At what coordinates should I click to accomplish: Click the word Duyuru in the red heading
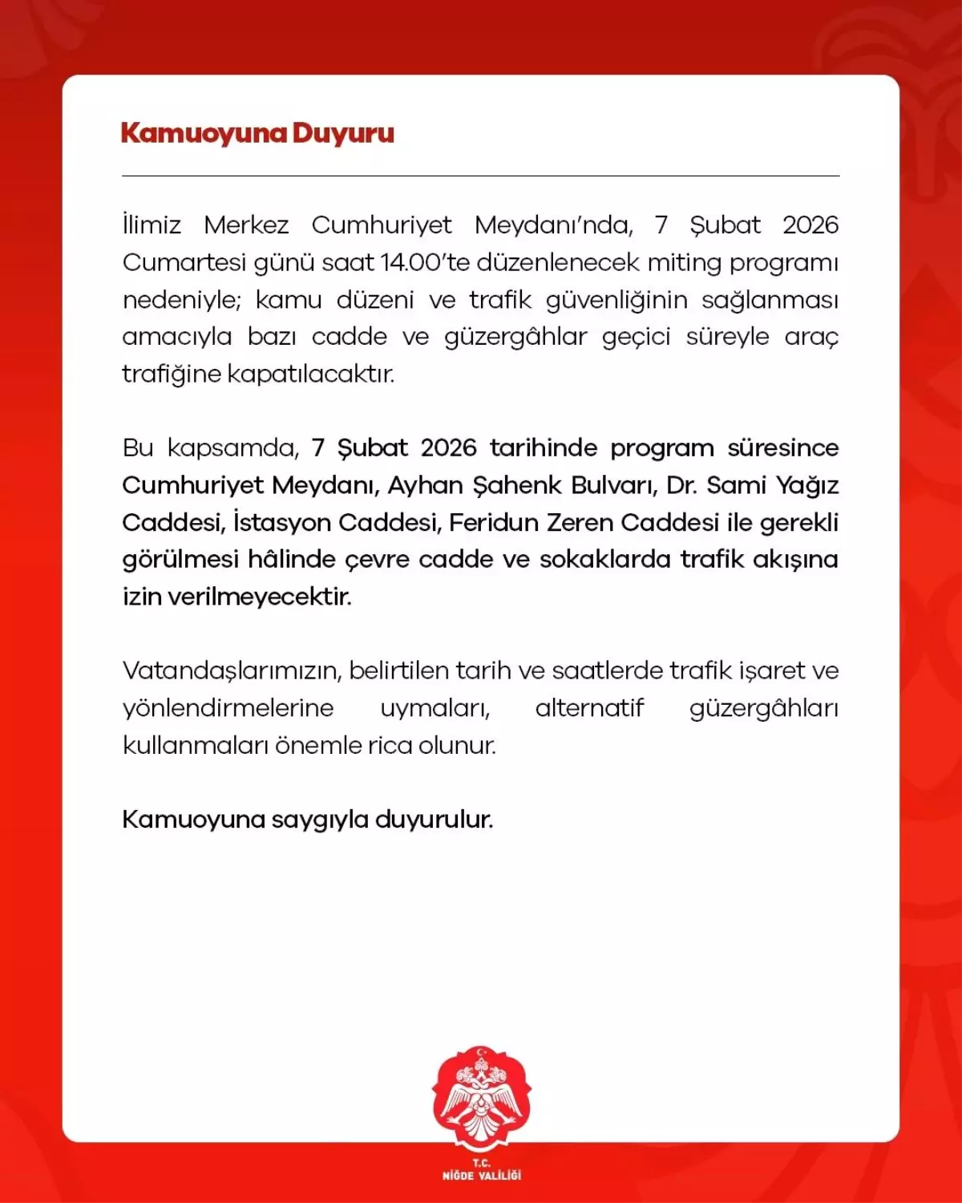(343, 133)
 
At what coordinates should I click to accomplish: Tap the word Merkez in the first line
(246, 225)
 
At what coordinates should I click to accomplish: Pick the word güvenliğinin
(616, 301)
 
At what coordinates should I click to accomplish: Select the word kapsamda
(233, 448)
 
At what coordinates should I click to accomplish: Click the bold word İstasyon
(281, 522)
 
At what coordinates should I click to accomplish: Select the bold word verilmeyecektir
(259, 597)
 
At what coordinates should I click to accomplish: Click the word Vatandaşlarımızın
(232, 671)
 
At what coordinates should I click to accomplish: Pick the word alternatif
(589, 708)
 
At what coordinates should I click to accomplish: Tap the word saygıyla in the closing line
(320, 820)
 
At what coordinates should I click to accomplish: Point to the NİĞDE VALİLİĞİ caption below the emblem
(481, 1175)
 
